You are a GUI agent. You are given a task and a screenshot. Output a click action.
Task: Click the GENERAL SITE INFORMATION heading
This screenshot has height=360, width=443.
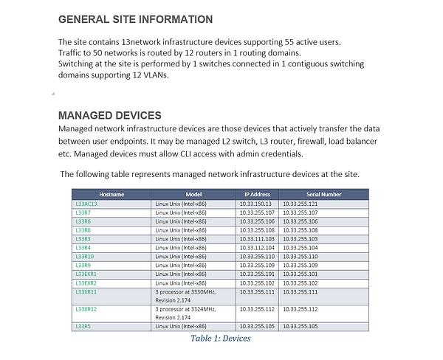[135, 19]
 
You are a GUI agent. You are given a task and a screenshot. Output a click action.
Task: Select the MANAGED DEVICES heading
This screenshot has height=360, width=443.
[109, 116]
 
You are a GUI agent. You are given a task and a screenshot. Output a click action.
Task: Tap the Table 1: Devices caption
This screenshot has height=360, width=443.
[220, 339]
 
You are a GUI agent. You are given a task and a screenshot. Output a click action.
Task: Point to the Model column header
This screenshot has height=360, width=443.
[193, 194]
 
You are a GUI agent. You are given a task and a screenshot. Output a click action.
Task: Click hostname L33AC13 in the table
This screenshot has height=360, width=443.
[86, 204]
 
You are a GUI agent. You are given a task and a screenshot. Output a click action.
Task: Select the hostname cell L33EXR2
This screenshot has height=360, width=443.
[86, 283]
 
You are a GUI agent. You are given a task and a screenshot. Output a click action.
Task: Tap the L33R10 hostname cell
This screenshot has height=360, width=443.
[85, 257]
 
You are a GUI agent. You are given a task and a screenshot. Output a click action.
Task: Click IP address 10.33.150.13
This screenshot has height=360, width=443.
[255, 204]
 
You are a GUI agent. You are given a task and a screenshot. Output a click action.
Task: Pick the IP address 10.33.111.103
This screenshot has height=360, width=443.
[257, 239]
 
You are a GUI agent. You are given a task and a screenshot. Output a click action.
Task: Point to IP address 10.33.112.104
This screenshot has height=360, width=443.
[257, 248]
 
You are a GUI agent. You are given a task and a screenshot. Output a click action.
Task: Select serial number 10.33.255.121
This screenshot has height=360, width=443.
[301, 204]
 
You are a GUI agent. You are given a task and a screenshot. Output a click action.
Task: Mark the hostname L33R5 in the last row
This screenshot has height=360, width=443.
[83, 326]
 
